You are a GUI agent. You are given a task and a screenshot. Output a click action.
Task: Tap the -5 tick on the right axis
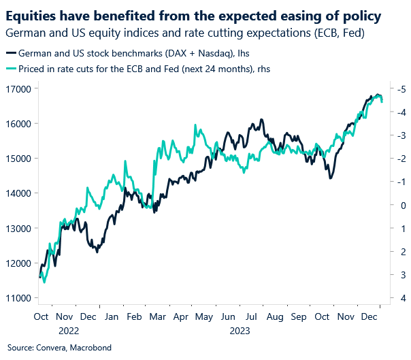coord(401,89)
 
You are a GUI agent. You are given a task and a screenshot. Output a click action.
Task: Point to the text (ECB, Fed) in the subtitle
coord(346,32)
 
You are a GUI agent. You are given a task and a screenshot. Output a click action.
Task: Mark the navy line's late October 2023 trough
coord(331,178)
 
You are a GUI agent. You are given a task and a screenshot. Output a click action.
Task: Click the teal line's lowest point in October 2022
coord(44,281)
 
